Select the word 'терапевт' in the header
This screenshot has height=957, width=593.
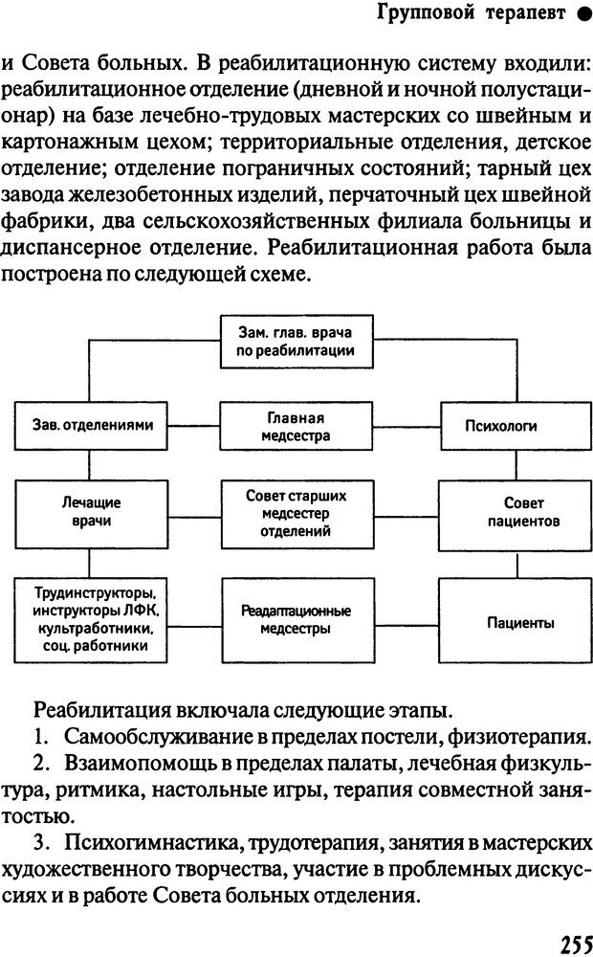tap(525, 13)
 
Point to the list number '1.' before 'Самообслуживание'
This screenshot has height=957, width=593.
tap(41, 737)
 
